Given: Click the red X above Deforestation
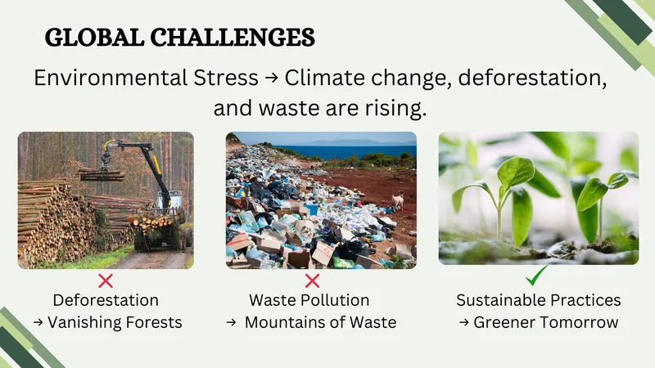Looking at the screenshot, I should [106, 281].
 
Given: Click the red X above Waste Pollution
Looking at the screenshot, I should [312, 281].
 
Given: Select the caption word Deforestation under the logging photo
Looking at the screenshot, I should [106, 300].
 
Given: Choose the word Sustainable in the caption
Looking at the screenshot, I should [503, 300].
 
